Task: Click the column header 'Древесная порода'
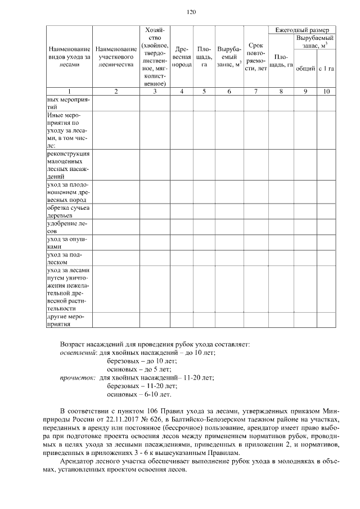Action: (x=182, y=57)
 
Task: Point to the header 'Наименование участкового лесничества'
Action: (x=115, y=57)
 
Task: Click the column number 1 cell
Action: (x=69, y=91)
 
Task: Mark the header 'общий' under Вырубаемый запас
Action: (x=305, y=69)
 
